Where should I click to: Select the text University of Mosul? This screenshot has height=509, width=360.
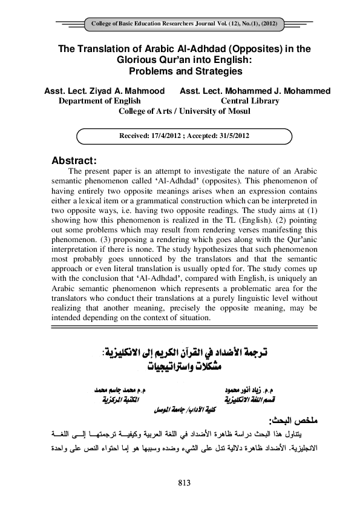[x=211, y=111]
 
